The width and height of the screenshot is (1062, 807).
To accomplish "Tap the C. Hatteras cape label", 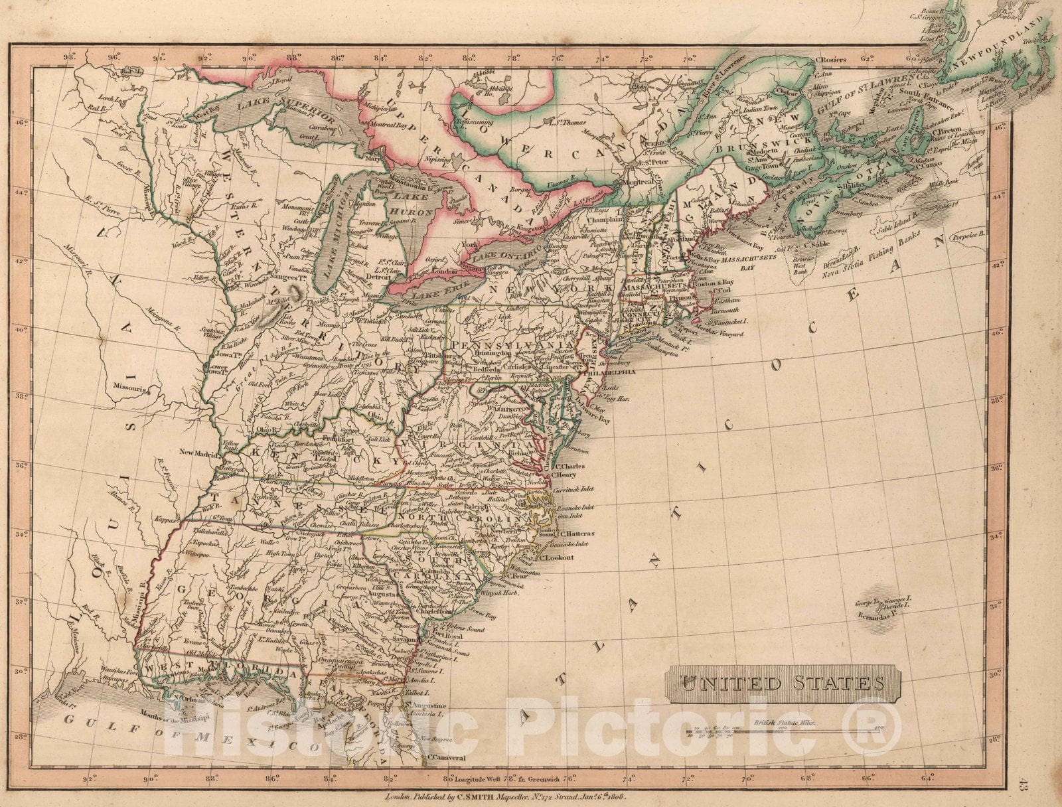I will click(577, 533).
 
